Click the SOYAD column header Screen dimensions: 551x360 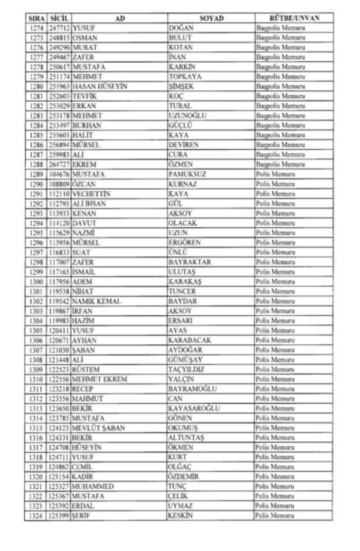[x=211, y=18]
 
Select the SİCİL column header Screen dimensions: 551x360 [x=59, y=18]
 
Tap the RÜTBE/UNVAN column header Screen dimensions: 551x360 [x=294, y=18]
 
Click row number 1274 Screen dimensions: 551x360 [x=36, y=28]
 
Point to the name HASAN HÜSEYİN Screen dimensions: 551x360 [x=99, y=86]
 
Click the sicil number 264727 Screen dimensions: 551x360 [x=59, y=165]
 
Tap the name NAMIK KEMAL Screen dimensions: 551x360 [x=96, y=301]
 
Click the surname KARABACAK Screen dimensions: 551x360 [x=189, y=340]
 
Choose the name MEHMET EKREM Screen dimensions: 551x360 [x=99, y=379]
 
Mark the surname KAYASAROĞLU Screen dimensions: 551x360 [x=194, y=408]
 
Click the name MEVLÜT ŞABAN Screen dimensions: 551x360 [x=98, y=428]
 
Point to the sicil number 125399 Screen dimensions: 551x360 [x=59, y=516]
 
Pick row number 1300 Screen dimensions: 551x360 [x=36, y=282]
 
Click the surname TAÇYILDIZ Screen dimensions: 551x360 [x=186, y=369]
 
